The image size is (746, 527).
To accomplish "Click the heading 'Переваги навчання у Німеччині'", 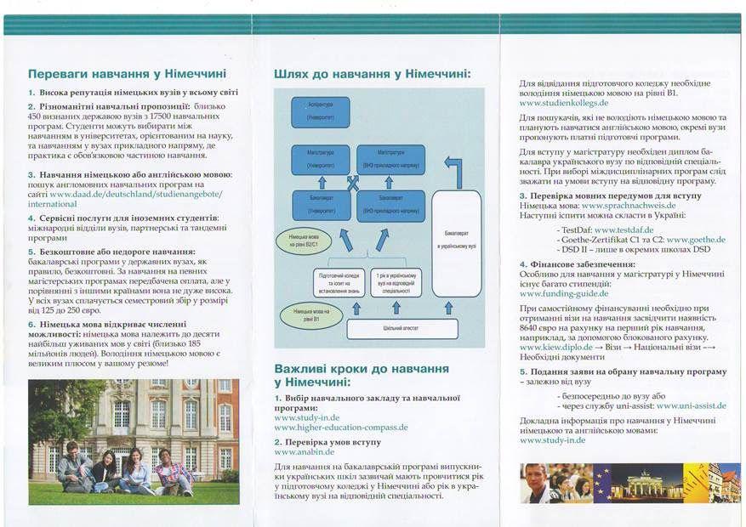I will (x=121, y=74).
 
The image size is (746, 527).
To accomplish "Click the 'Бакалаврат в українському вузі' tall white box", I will (x=458, y=242).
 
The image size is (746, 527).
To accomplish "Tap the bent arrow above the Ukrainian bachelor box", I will (x=454, y=170).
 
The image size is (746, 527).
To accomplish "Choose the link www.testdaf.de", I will (x=624, y=229).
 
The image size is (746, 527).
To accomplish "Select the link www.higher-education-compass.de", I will (x=341, y=428).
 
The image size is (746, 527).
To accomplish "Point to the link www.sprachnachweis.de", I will (x=629, y=206).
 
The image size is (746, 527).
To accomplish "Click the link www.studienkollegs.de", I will (x=564, y=103).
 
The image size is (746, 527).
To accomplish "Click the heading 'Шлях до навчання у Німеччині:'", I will (x=373, y=74).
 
